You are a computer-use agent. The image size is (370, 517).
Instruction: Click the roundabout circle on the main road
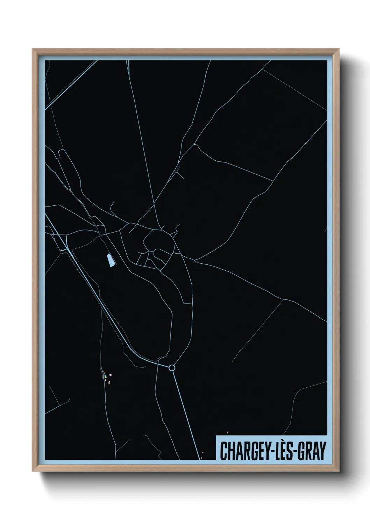click(x=172, y=367)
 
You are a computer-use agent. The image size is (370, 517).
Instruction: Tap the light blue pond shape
click(x=111, y=260)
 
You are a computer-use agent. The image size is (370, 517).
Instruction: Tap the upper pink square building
click(x=110, y=375)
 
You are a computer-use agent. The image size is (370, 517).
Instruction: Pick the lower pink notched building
click(x=109, y=382)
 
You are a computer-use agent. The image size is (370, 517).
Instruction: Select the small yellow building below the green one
click(x=105, y=380)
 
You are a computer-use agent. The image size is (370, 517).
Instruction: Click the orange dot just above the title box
click(x=227, y=432)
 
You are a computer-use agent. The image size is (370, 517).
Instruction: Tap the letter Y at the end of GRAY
click(x=322, y=451)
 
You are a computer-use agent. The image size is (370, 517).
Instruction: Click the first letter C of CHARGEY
click(x=223, y=451)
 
